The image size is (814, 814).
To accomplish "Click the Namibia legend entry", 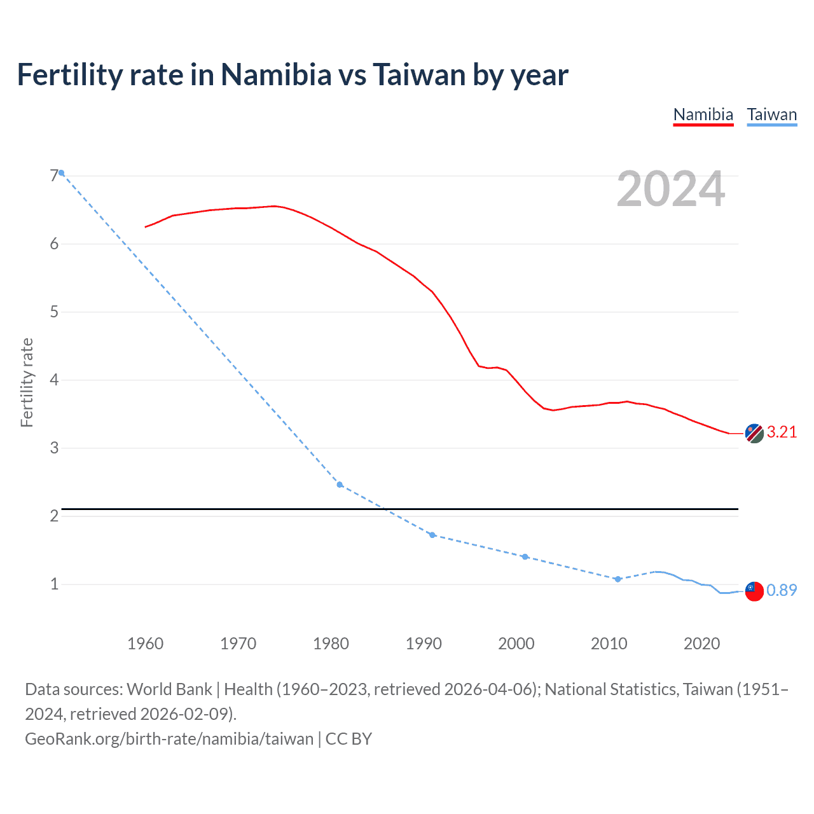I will tap(703, 114).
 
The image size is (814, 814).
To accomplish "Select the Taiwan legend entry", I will tap(771, 114).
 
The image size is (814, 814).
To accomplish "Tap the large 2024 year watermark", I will tap(671, 189).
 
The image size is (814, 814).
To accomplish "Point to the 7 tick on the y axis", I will tap(54, 176).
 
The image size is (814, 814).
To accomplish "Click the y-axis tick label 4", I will tap(54, 380).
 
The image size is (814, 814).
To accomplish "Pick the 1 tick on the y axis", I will tap(54, 584).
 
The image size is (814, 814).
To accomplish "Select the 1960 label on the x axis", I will tap(146, 644).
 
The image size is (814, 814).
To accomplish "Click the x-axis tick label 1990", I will tap(424, 644).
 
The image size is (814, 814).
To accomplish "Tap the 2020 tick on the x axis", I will tap(701, 644).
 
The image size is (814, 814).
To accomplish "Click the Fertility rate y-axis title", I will tap(27, 382).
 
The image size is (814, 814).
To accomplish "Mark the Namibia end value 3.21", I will tap(782, 432).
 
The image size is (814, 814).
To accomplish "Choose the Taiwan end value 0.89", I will tap(782, 590).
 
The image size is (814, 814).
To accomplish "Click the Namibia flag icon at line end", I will tap(754, 434).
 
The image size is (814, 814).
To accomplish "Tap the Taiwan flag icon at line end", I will tap(754, 591).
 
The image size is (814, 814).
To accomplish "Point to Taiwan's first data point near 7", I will tap(61, 173).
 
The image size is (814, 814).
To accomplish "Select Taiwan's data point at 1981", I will tap(340, 485).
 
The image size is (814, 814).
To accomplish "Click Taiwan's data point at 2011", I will tap(617, 579).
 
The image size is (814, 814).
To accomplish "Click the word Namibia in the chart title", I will tap(276, 74).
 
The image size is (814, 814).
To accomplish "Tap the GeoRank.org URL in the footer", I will tap(169, 739).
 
